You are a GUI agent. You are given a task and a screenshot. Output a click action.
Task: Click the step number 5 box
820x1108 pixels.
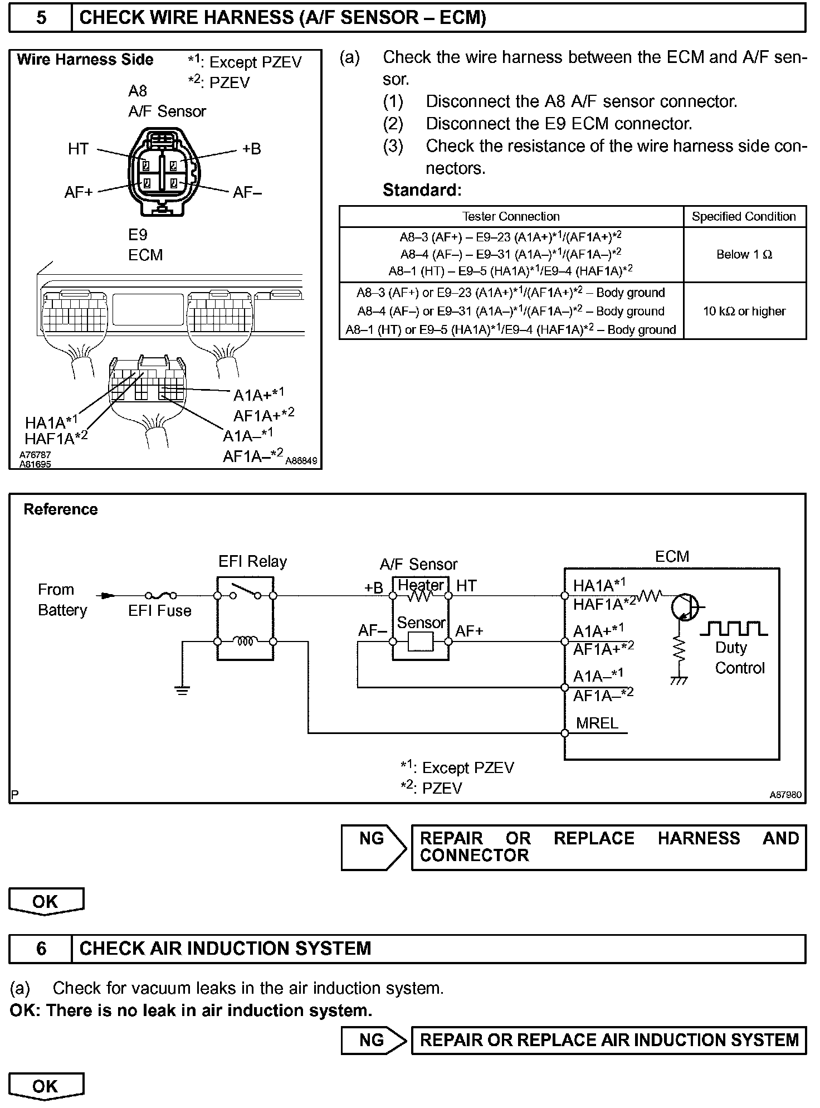pyautogui.click(x=41, y=18)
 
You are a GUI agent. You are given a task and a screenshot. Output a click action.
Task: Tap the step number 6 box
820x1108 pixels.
pyautogui.click(x=41, y=949)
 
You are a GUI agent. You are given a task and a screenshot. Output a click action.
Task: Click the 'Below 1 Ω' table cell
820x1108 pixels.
pyautogui.click(x=744, y=255)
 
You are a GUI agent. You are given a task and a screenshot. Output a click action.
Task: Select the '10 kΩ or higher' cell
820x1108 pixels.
pyautogui.click(x=744, y=311)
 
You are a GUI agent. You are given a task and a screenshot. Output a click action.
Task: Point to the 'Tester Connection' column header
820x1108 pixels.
pyautogui.click(x=511, y=216)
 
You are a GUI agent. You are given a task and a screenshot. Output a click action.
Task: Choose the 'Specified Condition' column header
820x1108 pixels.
pyautogui.click(x=744, y=216)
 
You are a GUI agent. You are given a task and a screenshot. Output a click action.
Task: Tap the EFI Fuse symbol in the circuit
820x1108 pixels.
pyautogui.click(x=160, y=596)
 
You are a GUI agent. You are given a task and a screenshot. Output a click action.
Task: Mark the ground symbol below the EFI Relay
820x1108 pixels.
pyautogui.click(x=182, y=690)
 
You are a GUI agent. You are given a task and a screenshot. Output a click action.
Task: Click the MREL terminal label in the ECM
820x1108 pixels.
pyautogui.click(x=597, y=723)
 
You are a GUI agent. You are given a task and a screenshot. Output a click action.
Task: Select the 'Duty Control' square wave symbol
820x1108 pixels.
pyautogui.click(x=733, y=628)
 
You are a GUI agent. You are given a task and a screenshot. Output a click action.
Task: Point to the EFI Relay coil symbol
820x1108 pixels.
pyautogui.click(x=245, y=642)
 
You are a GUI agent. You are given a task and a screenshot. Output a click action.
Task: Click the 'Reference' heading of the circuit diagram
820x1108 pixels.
pyautogui.click(x=61, y=509)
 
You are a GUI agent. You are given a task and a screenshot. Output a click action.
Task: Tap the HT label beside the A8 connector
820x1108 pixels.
pyautogui.click(x=78, y=149)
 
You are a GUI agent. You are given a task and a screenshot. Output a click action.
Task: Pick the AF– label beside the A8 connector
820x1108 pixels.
pyautogui.click(x=247, y=192)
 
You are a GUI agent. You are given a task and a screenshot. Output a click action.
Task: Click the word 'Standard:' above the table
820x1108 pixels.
pyautogui.click(x=422, y=190)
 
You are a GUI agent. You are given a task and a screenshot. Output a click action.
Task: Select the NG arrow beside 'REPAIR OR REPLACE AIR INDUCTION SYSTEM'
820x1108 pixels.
pyautogui.click(x=373, y=1040)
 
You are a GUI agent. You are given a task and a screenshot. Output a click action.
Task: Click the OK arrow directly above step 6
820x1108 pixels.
pyautogui.click(x=46, y=902)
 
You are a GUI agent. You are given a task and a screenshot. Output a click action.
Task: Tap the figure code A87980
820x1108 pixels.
pyautogui.click(x=785, y=795)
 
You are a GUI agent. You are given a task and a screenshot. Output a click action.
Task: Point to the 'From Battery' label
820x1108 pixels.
pyautogui.click(x=62, y=600)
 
